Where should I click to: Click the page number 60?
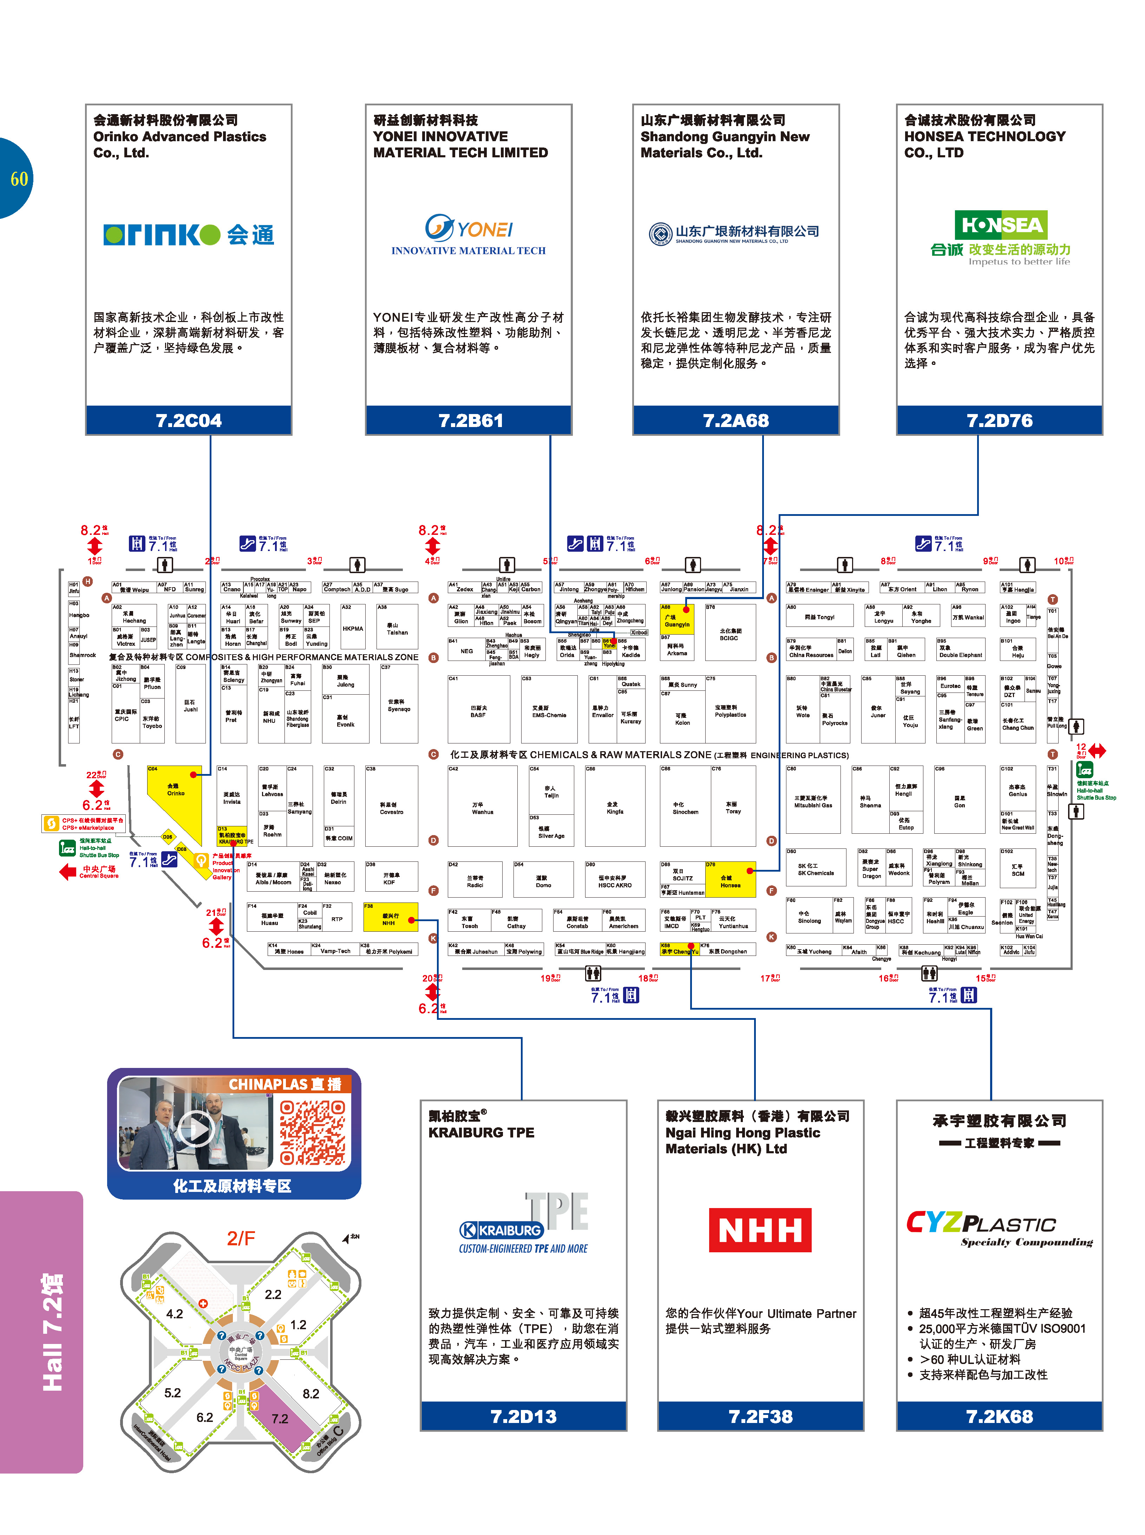[x=19, y=179]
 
